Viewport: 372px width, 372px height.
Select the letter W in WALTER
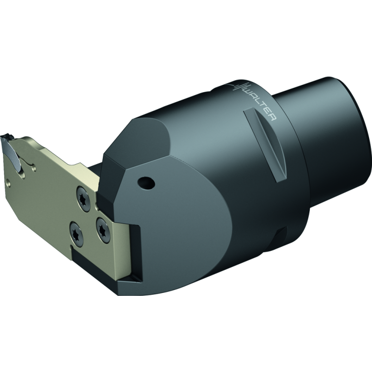(247, 93)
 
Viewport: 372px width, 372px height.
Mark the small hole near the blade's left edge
(8, 183)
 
